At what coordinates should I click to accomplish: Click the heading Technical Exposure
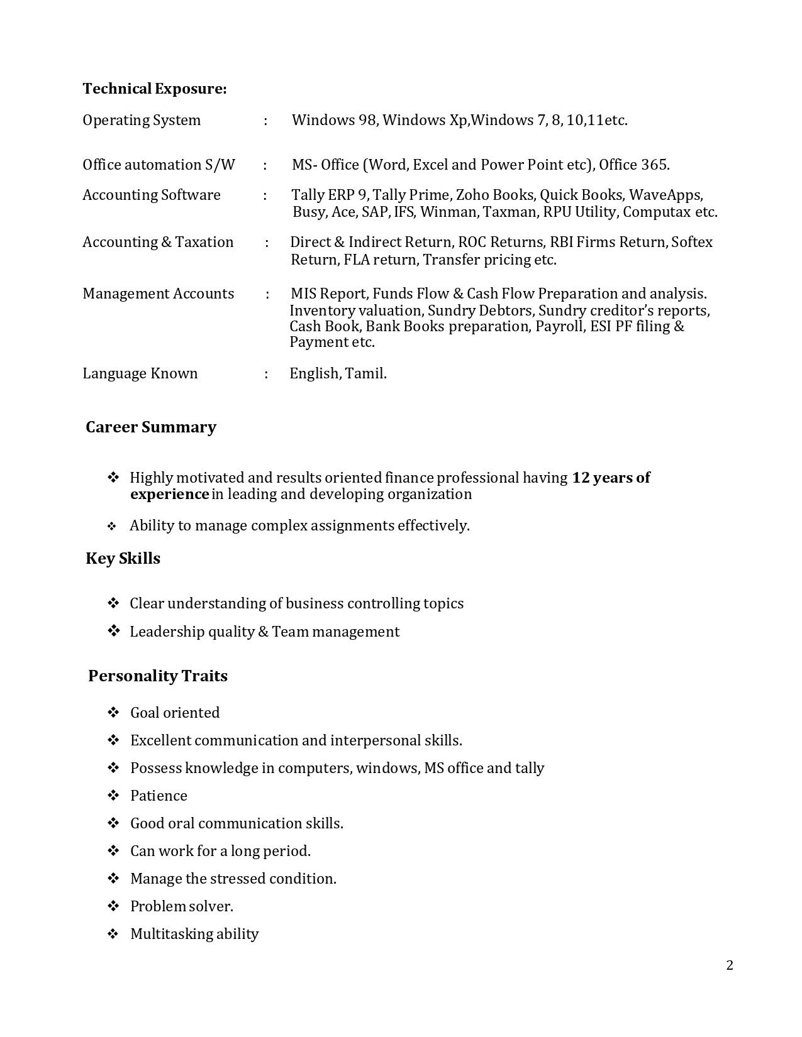pos(154,89)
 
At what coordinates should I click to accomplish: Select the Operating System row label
pos(142,120)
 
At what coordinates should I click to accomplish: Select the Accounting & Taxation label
pos(158,242)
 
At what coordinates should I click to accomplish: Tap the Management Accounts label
pos(158,294)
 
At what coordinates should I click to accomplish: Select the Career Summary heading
pos(151,427)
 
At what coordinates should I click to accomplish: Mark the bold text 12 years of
pos(611,478)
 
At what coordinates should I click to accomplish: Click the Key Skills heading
pos(123,559)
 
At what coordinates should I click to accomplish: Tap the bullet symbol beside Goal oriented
pos(113,713)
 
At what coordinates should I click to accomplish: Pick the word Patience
pos(159,796)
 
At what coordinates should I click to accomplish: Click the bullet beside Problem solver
pos(113,906)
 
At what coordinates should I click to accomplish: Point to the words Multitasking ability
pos(194,934)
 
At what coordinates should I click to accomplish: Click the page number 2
pos(730,965)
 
